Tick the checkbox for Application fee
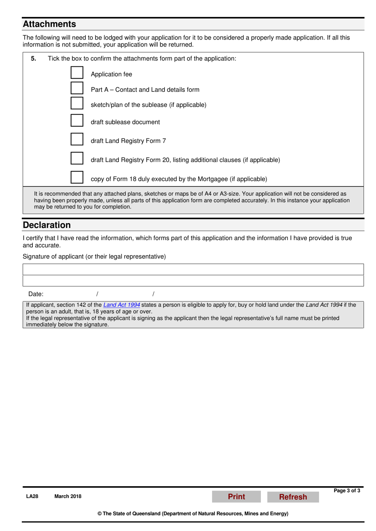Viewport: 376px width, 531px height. [77, 73]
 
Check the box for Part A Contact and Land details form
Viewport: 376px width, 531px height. [77, 88]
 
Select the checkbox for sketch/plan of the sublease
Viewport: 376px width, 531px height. [77, 103]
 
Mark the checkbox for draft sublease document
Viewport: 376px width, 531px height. [77, 120]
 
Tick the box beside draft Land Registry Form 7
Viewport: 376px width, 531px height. [77, 139]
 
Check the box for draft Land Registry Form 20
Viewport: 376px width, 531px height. [77, 158]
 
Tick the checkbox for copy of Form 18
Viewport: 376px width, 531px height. [77, 177]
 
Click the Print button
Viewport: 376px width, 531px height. [236, 497]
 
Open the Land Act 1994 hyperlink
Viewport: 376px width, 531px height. [122, 305]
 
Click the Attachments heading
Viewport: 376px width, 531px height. [49, 24]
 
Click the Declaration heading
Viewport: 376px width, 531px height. [47, 225]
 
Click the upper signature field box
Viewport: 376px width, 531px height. [193, 269]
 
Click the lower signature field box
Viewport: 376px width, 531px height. [193, 281]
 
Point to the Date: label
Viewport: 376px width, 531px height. [36, 294]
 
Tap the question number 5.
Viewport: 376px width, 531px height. [34, 59]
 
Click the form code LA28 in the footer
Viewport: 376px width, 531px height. [32, 497]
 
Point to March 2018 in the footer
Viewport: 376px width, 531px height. [68, 497]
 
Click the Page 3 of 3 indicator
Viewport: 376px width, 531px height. [347, 491]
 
